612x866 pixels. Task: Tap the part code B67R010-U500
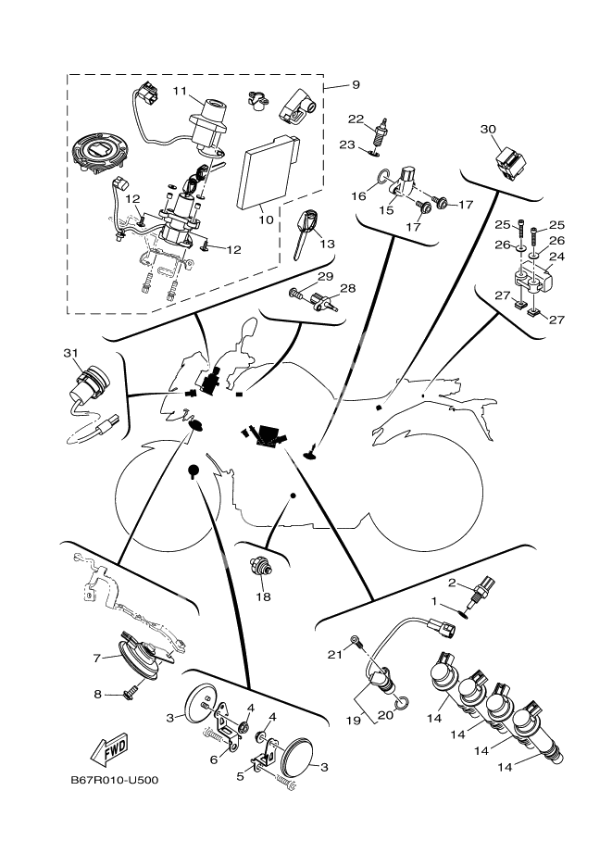click(x=115, y=780)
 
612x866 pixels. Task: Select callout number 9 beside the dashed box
click(x=356, y=85)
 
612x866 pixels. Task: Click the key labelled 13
click(x=308, y=232)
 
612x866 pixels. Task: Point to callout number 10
click(x=266, y=220)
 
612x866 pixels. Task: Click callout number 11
click(x=180, y=91)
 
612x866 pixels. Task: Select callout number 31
click(x=71, y=352)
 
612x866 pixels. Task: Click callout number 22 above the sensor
click(x=355, y=119)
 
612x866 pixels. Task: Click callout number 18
click(x=264, y=597)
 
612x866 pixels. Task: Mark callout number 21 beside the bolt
click(x=336, y=655)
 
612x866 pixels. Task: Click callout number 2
click(x=453, y=583)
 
